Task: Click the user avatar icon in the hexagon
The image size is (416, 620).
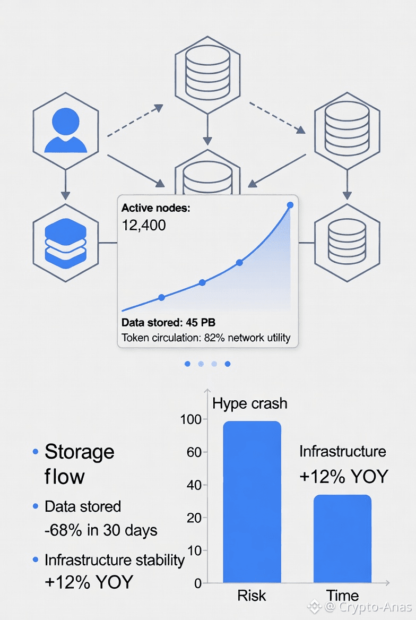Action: click(66, 131)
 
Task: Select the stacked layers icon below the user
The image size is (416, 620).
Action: click(66, 242)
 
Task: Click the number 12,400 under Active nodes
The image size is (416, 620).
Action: click(144, 226)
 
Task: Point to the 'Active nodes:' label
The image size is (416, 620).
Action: click(155, 209)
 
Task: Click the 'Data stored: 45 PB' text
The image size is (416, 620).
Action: click(168, 322)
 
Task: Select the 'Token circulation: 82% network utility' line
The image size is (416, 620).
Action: click(206, 338)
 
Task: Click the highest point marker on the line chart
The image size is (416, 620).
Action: click(290, 205)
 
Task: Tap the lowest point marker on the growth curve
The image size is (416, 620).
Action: click(162, 298)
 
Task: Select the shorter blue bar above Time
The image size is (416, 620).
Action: click(342, 539)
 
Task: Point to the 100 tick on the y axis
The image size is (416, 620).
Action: click(191, 419)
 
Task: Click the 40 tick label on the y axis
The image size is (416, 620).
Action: click(194, 485)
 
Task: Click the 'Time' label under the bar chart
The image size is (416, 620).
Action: click(342, 596)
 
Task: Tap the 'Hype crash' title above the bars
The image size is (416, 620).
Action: click(249, 403)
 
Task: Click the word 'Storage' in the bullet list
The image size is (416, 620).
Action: click(80, 452)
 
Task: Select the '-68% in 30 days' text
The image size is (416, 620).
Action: click(101, 530)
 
